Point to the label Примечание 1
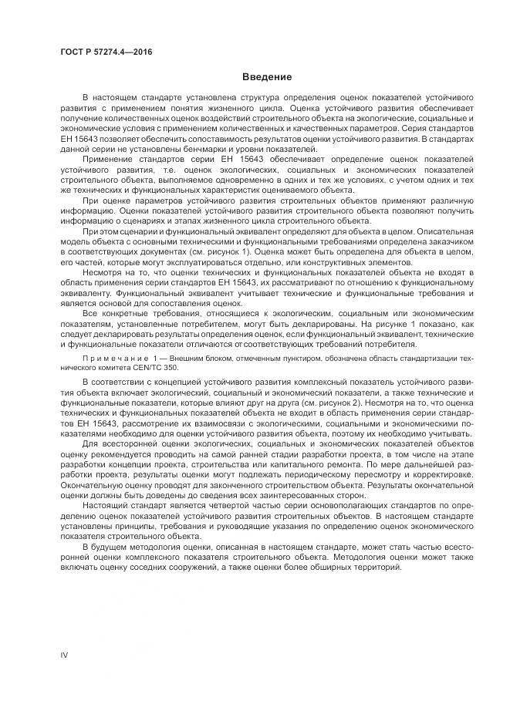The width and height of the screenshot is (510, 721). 112,359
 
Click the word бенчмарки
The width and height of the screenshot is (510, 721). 182,147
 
